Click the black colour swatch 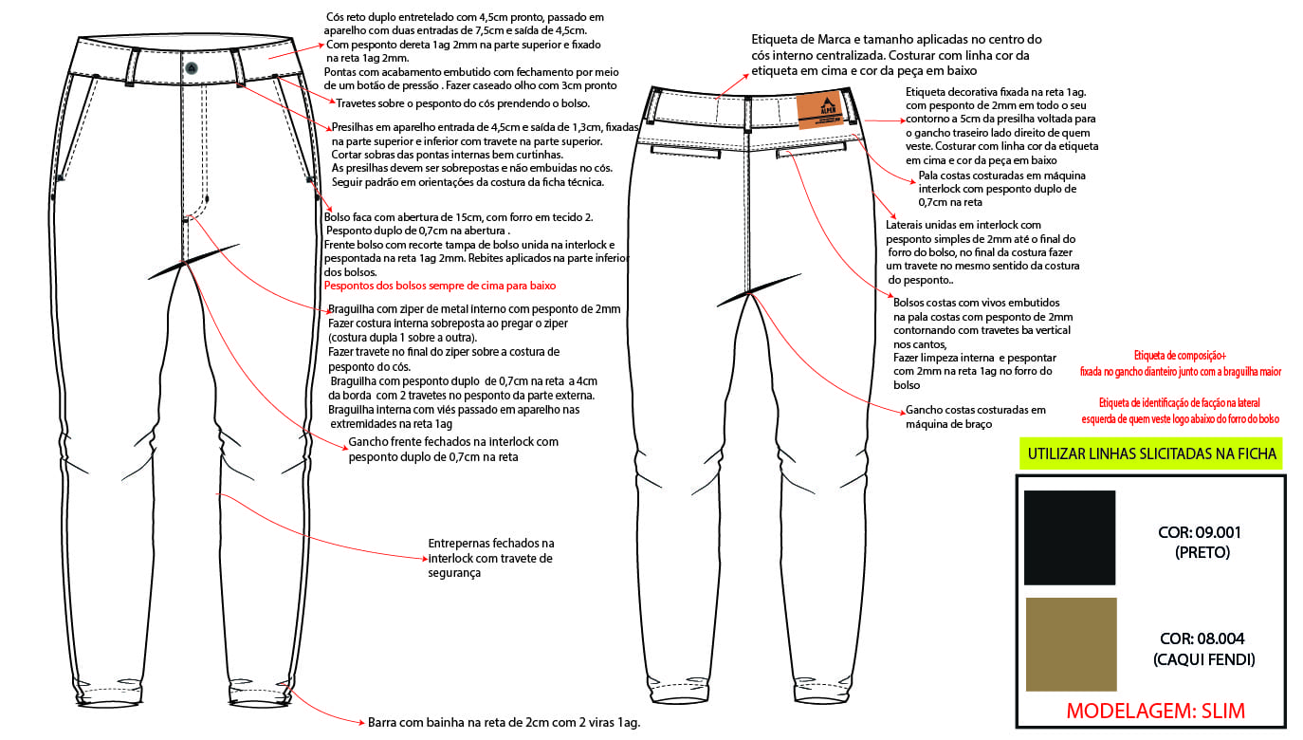pyautogui.click(x=1069, y=537)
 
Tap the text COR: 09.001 pyautogui.click(x=1200, y=532)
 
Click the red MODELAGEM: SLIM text pyautogui.click(x=1155, y=711)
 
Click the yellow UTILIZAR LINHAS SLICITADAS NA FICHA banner pyautogui.click(x=1151, y=454)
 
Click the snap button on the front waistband pyautogui.click(x=192, y=67)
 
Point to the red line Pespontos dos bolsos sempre pyautogui.click(x=440, y=286)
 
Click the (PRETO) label pyautogui.click(x=1201, y=551)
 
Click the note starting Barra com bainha pyautogui.click(x=504, y=722)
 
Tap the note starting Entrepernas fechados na pyautogui.click(x=491, y=558)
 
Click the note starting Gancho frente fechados pyautogui.click(x=453, y=449)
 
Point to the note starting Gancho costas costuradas pyautogui.click(x=976, y=416)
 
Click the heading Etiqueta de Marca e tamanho pyautogui.click(x=896, y=54)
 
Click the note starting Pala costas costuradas pyautogui.click(x=1002, y=189)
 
